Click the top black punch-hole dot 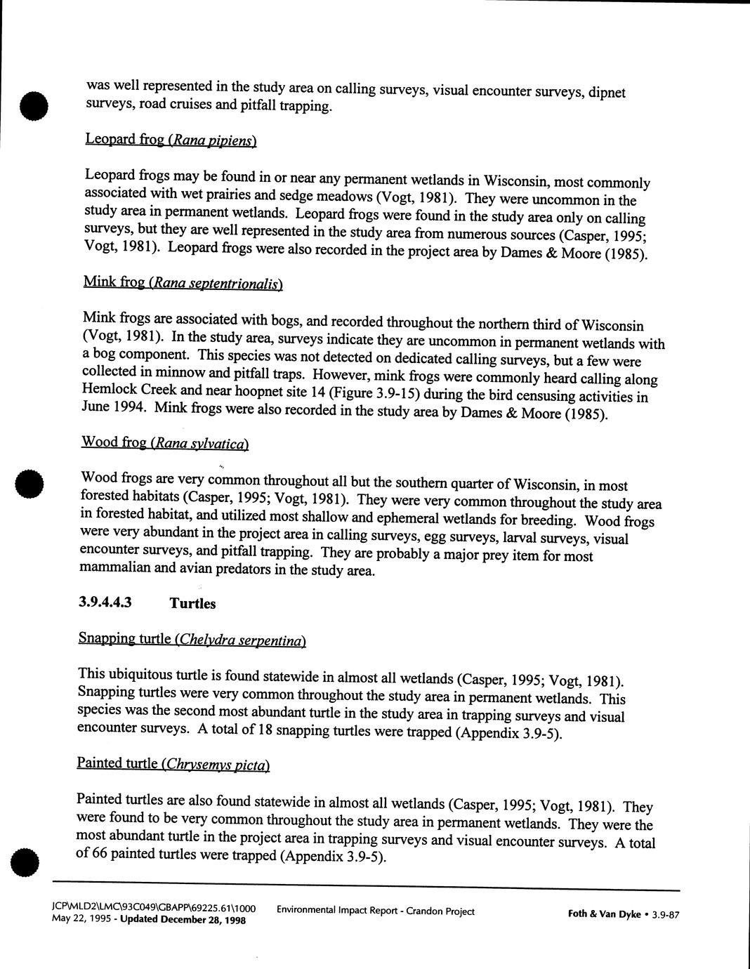[33, 105]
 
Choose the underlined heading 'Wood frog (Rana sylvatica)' [165, 442]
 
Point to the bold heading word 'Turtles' [192, 603]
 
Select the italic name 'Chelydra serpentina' [241, 640]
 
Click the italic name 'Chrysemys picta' [215, 764]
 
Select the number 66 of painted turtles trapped [100, 854]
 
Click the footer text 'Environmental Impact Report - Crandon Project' [376, 911]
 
